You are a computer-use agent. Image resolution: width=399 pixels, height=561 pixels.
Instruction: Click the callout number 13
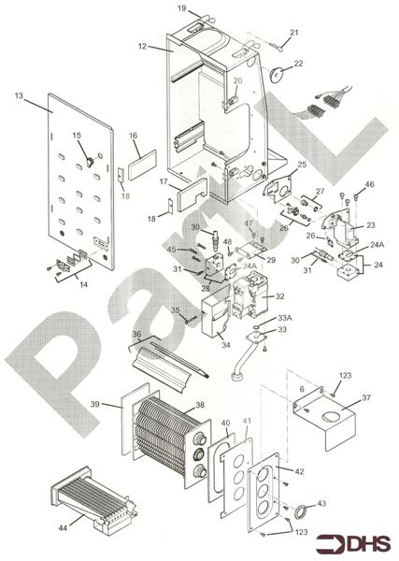click(18, 97)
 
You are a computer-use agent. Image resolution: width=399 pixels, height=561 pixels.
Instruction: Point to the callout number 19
click(181, 8)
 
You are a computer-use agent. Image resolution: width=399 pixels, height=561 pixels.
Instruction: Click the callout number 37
click(365, 396)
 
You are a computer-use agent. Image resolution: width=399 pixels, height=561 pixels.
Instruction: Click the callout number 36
click(135, 334)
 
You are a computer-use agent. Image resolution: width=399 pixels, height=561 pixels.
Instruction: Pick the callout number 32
click(279, 296)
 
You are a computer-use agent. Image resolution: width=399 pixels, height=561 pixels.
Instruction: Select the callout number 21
click(293, 34)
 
